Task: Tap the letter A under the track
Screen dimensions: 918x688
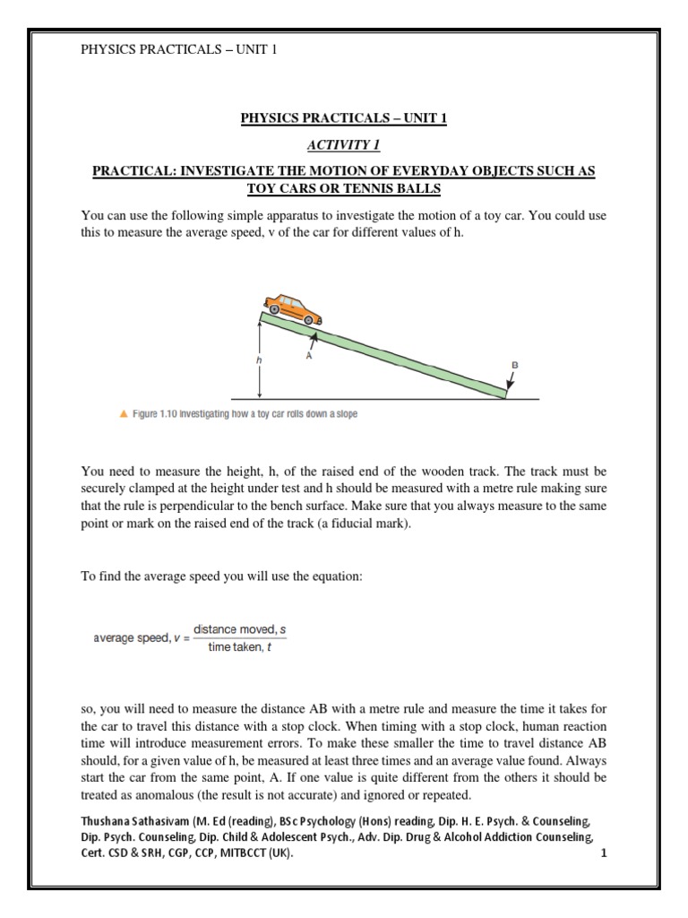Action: click(307, 355)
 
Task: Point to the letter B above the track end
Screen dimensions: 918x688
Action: click(514, 366)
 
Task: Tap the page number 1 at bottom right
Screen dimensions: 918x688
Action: click(604, 853)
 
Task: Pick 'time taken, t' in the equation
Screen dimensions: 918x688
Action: click(238, 647)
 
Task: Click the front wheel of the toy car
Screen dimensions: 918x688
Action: click(310, 318)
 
